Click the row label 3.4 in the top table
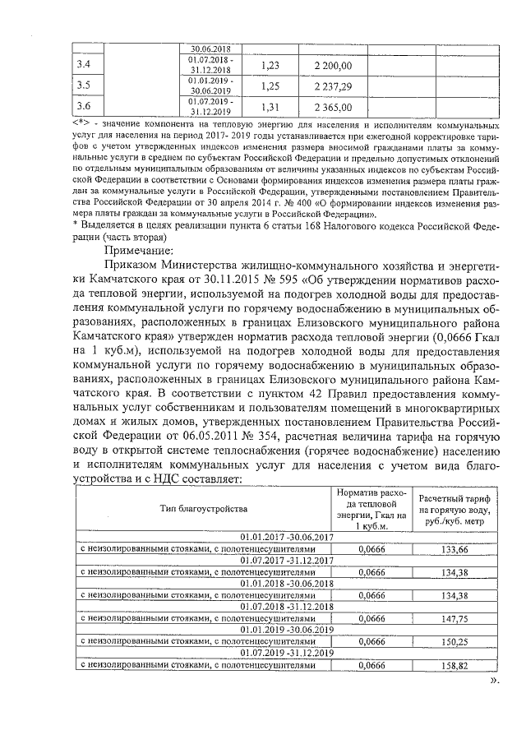[x=83, y=64]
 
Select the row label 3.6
[x=83, y=106]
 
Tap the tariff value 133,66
[x=454, y=548]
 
